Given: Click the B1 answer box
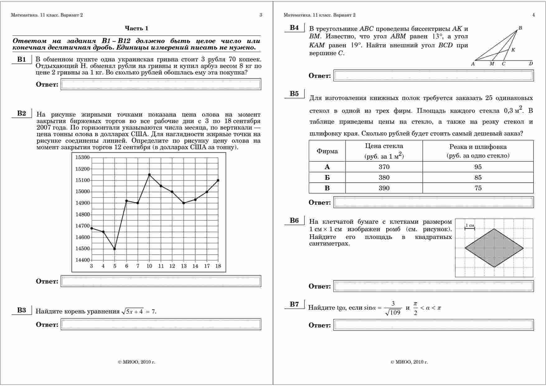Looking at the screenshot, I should pyautogui.click(x=161, y=84).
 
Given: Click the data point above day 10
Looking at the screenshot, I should pyautogui.click(x=149, y=175).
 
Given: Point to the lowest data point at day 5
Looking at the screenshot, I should pyautogui.click(x=115, y=249).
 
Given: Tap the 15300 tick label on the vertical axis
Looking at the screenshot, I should pyautogui.click(x=82, y=157).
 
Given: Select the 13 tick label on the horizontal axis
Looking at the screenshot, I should pyautogui.click(x=184, y=266).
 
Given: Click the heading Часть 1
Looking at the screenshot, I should pyautogui.click(x=137, y=28).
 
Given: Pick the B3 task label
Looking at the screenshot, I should pyautogui.click(x=21, y=310).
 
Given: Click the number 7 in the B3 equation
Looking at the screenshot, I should pyautogui.click(x=153, y=312).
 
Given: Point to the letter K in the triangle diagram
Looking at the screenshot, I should pyautogui.click(x=513, y=50).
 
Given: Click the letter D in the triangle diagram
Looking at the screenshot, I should pyautogui.click(x=531, y=64).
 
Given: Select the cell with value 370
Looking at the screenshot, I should pyautogui.click(x=384, y=167).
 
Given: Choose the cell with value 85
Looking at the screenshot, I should pyautogui.click(x=478, y=178).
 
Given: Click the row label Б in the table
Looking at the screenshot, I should pyautogui.click(x=327, y=178).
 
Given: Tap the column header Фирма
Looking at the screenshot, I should pyautogui.click(x=327, y=151).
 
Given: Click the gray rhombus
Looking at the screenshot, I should pyautogui.click(x=494, y=248).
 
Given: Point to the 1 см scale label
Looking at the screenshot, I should pyautogui.click(x=470, y=225).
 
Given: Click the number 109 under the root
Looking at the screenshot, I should pyautogui.click(x=395, y=312).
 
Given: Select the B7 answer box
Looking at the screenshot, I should pyautogui.click(x=433, y=325).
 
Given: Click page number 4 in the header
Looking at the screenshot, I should pyautogui.click(x=534, y=15).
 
